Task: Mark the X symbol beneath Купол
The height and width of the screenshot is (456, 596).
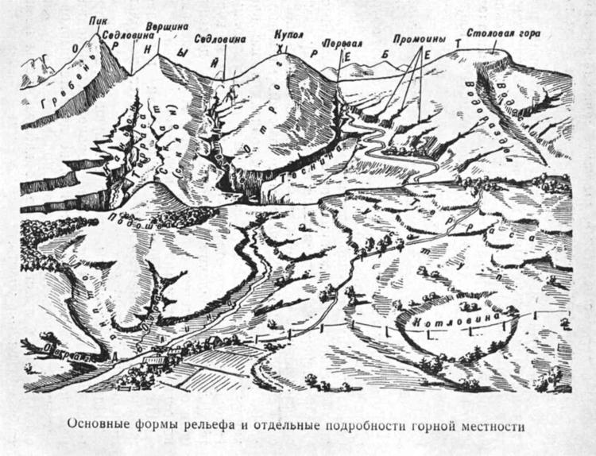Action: click(x=279, y=50)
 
